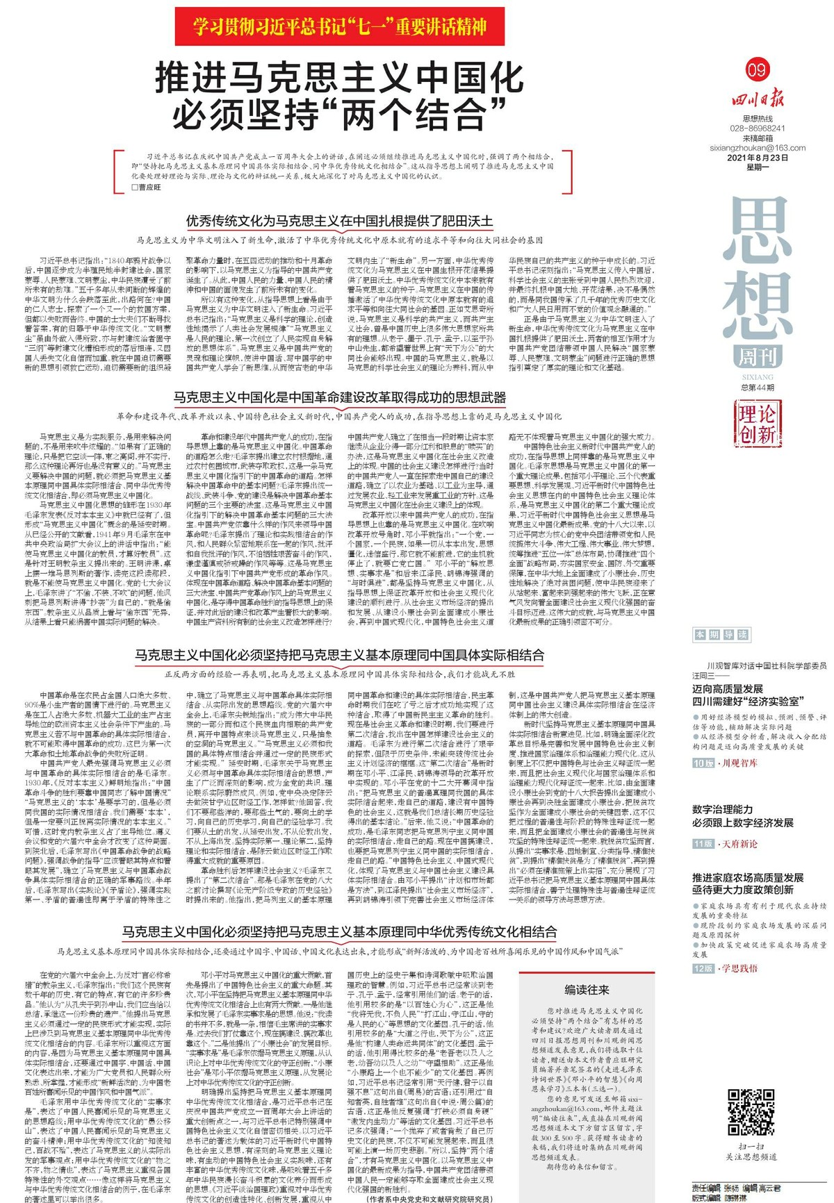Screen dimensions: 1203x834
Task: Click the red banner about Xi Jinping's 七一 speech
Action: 340,26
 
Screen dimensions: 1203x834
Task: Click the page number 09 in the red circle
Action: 757,69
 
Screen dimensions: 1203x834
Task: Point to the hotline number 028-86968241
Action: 758,128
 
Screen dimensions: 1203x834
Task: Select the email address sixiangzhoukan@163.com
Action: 758,148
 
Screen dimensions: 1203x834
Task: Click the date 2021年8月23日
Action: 758,158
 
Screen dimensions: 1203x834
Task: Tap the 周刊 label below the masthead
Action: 757,357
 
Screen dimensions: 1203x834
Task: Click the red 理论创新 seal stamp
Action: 757,424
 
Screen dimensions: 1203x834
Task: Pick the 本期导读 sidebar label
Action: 721,634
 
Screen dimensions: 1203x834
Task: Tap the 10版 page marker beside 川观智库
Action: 703,763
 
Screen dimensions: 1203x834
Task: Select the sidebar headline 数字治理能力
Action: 722,809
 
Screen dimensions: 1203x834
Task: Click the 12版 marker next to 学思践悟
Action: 703,968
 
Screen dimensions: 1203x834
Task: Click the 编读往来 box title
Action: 587,990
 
